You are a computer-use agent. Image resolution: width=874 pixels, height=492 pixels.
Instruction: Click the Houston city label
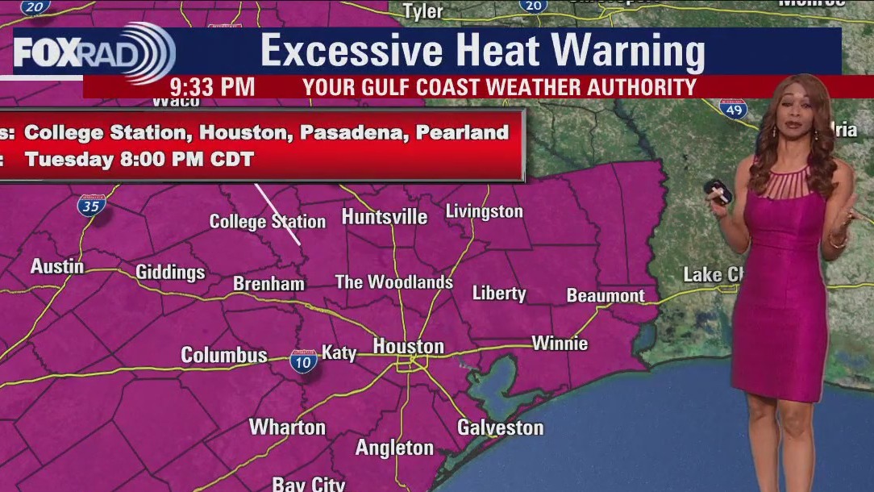coord(408,347)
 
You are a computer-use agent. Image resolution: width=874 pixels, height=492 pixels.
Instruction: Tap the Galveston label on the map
coord(500,427)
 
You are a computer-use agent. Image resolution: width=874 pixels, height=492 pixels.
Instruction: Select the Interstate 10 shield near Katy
coord(303,360)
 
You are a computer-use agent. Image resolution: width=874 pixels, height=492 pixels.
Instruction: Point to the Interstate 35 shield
coord(91,205)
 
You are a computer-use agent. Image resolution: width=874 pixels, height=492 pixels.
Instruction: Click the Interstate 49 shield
coord(734,109)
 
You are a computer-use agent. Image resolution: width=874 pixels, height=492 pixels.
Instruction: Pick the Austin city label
coord(57,266)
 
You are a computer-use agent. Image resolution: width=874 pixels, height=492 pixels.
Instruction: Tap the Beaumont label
coord(606,296)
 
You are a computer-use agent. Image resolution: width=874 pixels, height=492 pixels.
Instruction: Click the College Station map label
coord(267,221)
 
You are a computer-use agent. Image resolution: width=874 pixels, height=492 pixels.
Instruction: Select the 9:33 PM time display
coord(212,86)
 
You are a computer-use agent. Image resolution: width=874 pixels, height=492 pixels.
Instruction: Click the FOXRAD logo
coord(93,52)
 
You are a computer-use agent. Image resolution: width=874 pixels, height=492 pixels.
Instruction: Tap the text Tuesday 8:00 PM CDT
coord(139,159)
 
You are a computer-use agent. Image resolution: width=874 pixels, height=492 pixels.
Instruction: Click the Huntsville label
coord(385,217)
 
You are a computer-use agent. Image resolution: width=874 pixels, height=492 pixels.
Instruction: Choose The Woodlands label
coord(393,282)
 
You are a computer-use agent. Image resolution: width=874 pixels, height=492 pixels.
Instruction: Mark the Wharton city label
coord(287,427)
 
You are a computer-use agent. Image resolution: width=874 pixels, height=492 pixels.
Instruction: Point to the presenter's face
coord(789,119)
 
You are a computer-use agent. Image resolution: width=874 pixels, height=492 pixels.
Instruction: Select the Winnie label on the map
coord(560,344)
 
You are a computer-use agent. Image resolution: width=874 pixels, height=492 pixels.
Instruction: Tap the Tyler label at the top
coord(423,11)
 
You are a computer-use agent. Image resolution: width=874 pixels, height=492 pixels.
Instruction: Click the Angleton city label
coord(394,448)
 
